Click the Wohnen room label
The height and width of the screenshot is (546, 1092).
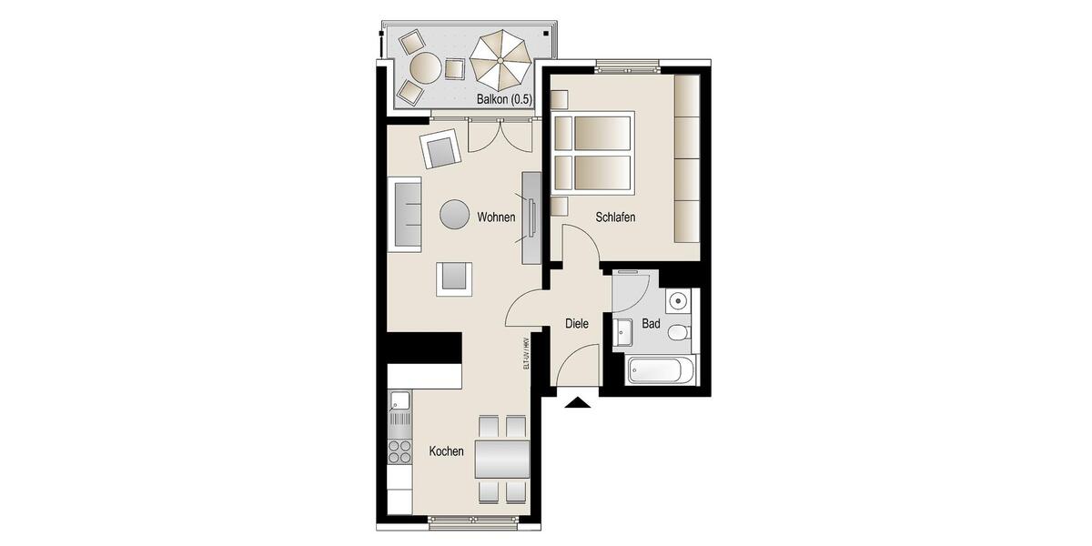point(496,217)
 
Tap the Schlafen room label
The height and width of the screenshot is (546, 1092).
point(615,217)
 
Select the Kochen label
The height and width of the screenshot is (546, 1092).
point(446,451)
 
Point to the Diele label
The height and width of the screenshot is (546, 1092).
point(577,323)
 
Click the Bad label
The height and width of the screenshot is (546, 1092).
point(651,323)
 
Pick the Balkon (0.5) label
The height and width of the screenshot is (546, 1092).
point(503,98)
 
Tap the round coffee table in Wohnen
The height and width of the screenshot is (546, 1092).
point(455,215)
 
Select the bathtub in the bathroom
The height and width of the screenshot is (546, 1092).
point(661,371)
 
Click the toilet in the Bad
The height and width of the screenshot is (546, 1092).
point(679,333)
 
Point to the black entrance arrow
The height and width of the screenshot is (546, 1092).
point(577,402)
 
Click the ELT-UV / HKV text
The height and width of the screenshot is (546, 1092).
point(526,353)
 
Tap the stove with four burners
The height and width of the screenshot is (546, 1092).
point(399,451)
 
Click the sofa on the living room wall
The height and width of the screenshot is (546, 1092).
point(406,215)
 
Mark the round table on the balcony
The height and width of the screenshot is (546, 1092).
point(425,67)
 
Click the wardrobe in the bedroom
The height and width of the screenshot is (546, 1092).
point(686,158)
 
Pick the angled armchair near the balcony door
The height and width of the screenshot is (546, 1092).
point(440,148)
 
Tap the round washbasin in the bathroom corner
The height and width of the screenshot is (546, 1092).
point(677,301)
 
